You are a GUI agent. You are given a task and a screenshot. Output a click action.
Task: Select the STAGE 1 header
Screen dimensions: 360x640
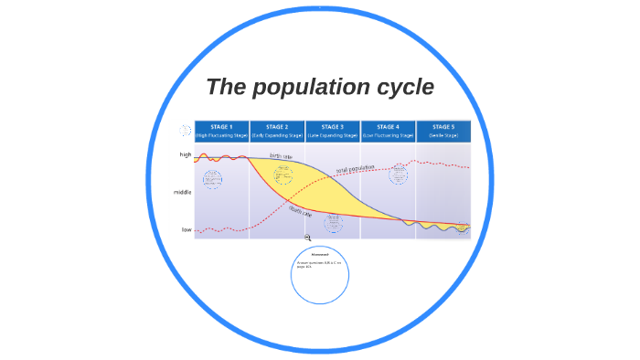pos(221,127)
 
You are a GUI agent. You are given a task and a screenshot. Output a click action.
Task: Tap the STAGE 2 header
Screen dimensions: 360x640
pos(277,127)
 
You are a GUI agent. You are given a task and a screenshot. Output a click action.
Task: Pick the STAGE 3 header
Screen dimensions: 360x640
pos(333,127)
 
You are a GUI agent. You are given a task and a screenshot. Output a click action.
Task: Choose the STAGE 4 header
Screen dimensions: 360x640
pos(388,127)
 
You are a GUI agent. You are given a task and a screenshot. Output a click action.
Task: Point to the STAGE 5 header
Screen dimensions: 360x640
pos(443,127)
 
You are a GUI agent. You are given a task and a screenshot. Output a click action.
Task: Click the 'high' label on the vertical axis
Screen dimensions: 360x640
pos(186,155)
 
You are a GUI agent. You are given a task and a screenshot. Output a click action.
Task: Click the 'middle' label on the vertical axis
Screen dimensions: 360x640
pos(183,193)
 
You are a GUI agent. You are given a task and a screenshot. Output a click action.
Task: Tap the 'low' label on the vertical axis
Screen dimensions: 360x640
pos(187,229)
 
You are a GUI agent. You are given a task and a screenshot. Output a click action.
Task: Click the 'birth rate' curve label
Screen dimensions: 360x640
pos(280,156)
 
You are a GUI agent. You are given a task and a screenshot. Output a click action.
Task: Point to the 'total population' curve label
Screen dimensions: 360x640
pos(355,169)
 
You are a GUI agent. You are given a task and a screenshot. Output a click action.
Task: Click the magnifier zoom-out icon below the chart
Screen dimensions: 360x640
pos(308,238)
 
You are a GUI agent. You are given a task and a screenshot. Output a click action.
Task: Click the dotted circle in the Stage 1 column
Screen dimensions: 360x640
pos(212,179)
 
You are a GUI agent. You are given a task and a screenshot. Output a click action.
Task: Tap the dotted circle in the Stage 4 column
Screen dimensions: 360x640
pos(398,175)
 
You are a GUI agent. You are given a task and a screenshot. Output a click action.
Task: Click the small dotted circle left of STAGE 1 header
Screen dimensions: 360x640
pos(186,131)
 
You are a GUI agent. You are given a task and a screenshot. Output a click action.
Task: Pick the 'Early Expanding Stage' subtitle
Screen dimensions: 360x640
pos(277,135)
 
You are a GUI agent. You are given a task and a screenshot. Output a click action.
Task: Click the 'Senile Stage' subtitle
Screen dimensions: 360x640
pos(443,135)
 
